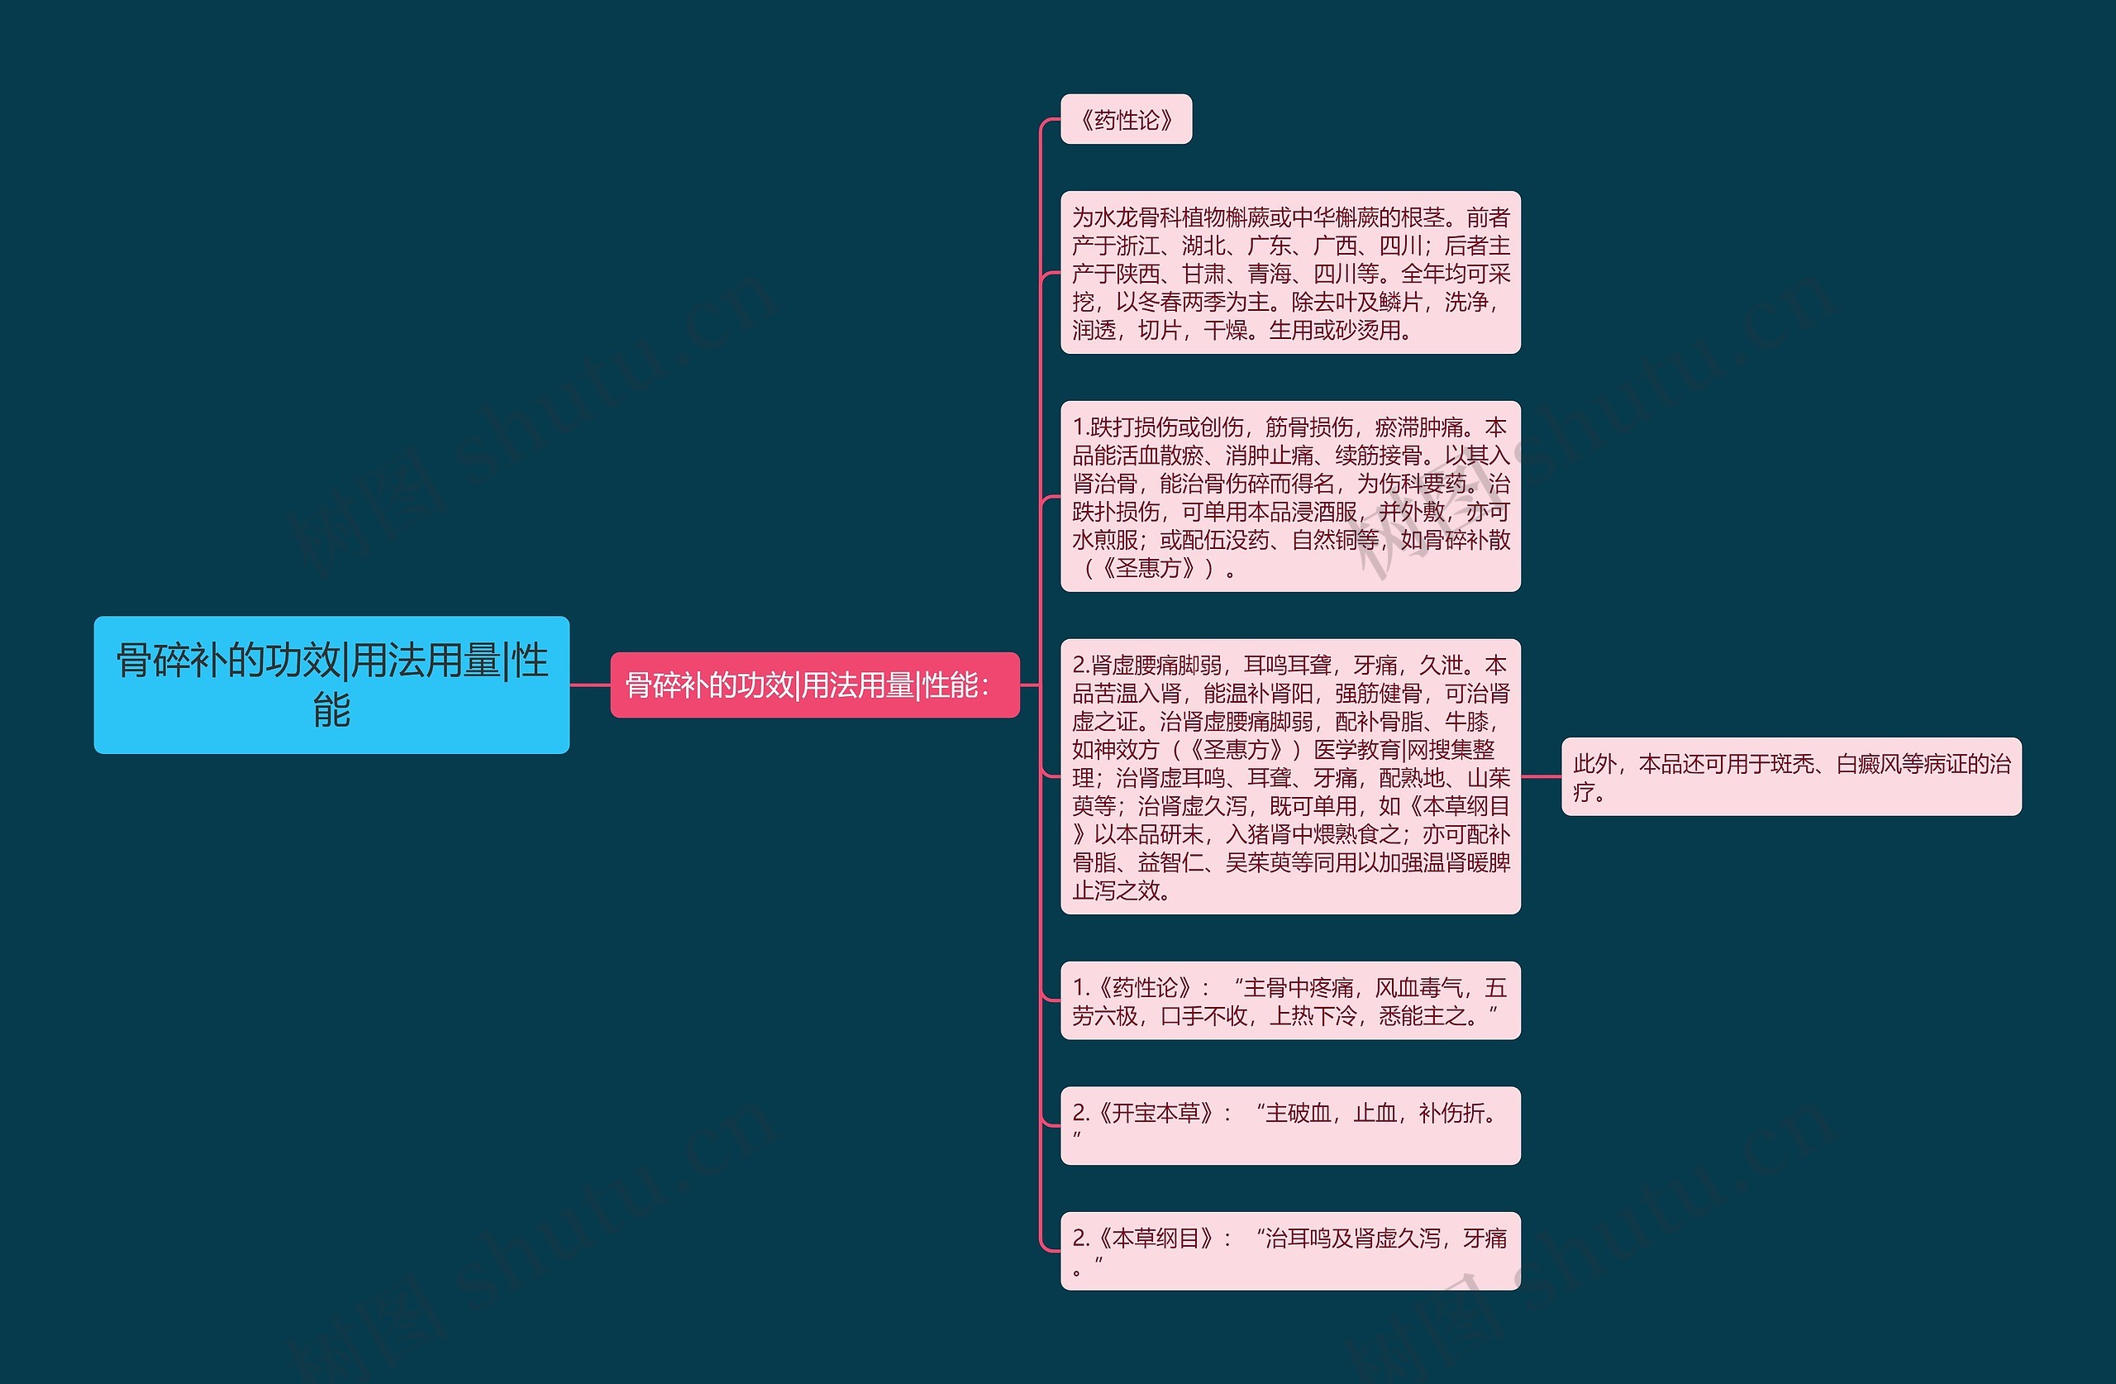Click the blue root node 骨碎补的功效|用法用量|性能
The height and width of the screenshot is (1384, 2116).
pyautogui.click(x=331, y=685)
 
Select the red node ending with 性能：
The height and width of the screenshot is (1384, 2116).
pyautogui.click(x=813, y=685)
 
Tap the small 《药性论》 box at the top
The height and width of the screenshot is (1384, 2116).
pyautogui.click(x=1126, y=119)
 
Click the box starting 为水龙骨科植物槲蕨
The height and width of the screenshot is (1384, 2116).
pyautogui.click(x=1289, y=272)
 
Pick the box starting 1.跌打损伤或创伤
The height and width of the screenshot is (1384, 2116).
pyautogui.click(x=1289, y=496)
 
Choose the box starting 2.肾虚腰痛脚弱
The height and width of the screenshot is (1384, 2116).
pyautogui.click(x=1289, y=776)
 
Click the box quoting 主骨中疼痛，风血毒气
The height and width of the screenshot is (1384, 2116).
pyautogui.click(x=1289, y=1000)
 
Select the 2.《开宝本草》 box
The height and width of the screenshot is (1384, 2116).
pyautogui.click(x=1289, y=1125)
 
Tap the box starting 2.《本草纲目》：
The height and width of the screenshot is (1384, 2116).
pyautogui.click(x=1289, y=1251)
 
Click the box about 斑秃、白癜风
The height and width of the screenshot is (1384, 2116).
pyautogui.click(x=1790, y=776)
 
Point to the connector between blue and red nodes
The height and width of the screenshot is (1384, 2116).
pyautogui.click(x=589, y=685)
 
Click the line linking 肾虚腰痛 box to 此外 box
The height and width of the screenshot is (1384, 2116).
pyautogui.click(x=1541, y=776)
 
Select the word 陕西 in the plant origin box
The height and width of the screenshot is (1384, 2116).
pyautogui.click(x=1138, y=274)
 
